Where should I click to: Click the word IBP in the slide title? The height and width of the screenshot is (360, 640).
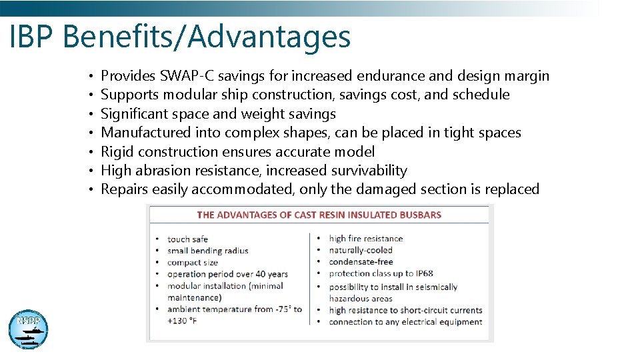click(33, 37)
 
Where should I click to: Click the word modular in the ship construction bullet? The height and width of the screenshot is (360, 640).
click(183, 95)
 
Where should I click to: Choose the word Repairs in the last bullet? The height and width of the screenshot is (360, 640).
click(125, 189)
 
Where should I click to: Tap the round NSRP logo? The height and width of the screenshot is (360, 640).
click(28, 329)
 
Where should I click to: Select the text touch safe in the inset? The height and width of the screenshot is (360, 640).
click(187, 239)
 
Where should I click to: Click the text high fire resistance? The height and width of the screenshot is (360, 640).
click(366, 239)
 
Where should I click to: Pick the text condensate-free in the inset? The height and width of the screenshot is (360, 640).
click(361, 262)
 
